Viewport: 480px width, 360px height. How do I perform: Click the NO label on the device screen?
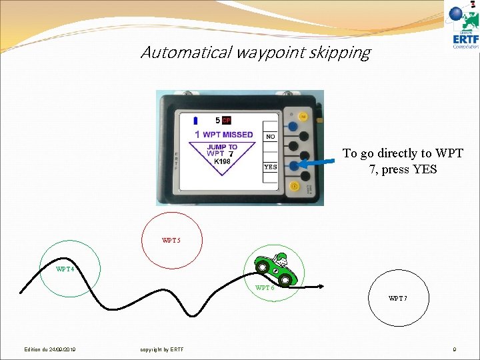(270, 137)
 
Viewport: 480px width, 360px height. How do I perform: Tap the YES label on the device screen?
(270, 167)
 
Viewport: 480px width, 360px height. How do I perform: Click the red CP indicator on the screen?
(227, 121)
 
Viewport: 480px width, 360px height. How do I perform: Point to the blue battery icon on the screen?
(195, 121)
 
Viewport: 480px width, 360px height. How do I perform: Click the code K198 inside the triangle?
(222, 161)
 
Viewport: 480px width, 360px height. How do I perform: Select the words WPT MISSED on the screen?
(227, 135)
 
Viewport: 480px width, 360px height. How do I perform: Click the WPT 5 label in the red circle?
(171, 240)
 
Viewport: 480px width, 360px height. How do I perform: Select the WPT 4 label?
(65, 269)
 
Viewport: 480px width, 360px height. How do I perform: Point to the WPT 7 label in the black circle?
(398, 298)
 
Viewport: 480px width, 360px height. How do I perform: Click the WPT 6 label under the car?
(265, 288)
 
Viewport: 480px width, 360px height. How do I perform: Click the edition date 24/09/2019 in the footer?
(50, 349)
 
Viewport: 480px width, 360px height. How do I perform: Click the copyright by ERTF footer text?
(162, 349)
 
